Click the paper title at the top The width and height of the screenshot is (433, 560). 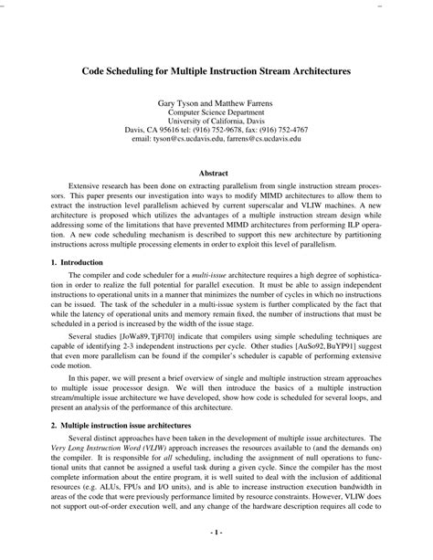click(x=216, y=69)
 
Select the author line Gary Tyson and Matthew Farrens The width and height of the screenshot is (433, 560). click(x=216, y=106)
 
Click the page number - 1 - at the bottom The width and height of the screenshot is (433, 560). click(x=216, y=530)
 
